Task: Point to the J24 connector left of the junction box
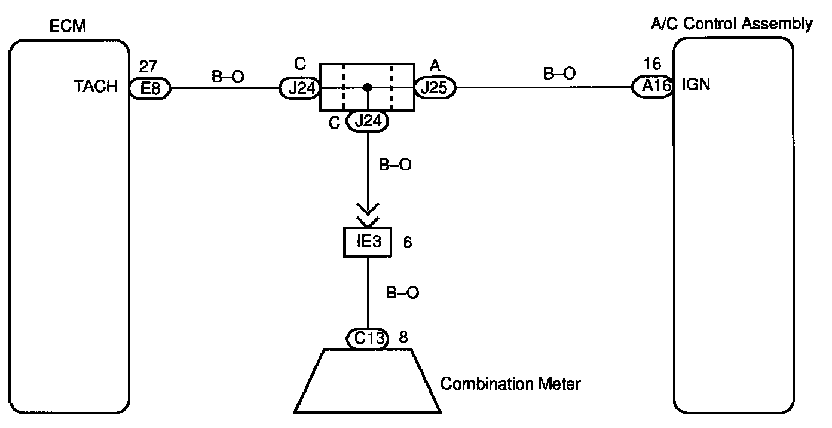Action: coord(300,88)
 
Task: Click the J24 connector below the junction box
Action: coord(368,121)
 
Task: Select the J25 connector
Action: coord(435,88)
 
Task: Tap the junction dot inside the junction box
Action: coord(368,88)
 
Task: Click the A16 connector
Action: coord(653,87)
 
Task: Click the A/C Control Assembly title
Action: coord(731,24)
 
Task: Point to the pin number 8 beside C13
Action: coord(403,337)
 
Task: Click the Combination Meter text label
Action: coord(510,383)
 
